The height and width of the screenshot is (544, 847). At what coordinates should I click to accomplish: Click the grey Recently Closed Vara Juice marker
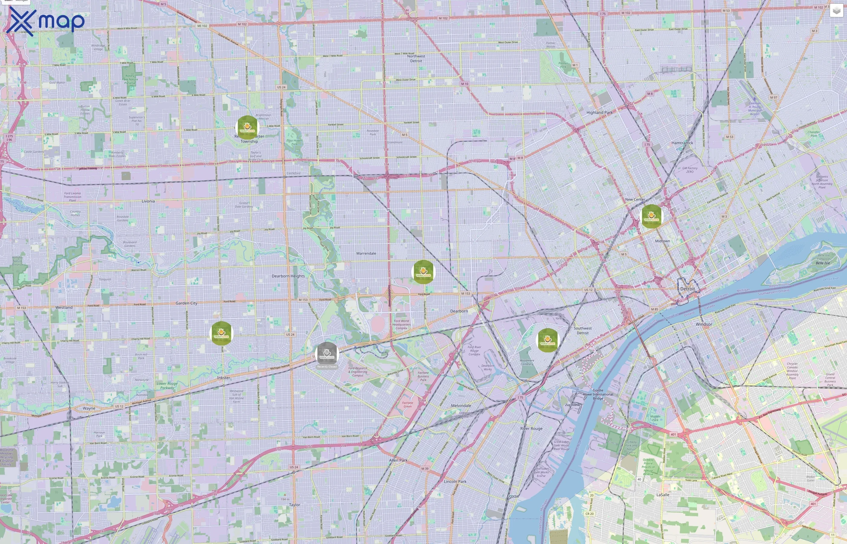point(327,353)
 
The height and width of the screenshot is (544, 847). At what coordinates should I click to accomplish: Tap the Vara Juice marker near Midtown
point(651,216)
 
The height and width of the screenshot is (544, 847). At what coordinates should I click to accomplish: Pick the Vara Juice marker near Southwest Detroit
point(547,340)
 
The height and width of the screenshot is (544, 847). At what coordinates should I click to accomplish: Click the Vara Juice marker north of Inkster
point(221,333)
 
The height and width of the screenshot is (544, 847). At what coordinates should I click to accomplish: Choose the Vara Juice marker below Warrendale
point(423,272)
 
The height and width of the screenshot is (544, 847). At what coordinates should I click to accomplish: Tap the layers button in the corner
point(836,11)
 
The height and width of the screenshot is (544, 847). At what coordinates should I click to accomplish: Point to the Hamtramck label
point(682,143)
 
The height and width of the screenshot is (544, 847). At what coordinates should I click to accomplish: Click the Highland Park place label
point(599,113)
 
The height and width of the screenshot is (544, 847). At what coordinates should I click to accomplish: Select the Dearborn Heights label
point(288,276)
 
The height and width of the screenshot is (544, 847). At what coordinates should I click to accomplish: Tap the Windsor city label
point(704,324)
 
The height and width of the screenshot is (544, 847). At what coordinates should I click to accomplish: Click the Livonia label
point(148,201)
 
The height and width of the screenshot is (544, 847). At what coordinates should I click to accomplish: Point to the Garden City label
point(186,303)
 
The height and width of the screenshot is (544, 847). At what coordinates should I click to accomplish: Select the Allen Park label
point(398,460)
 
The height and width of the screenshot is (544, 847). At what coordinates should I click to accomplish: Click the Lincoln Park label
point(455,481)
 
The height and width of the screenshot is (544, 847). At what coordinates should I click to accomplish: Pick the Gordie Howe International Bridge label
point(598,394)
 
